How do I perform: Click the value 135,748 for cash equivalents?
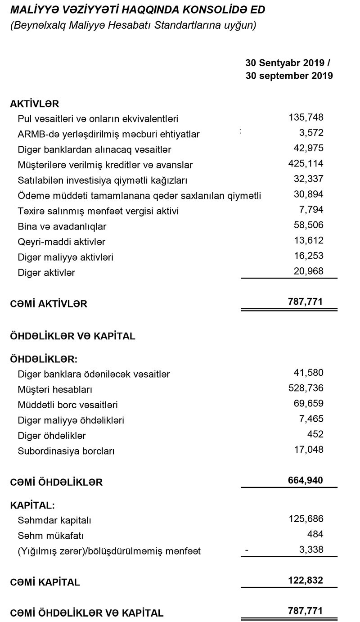[x=306, y=118]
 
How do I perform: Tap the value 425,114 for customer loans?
[x=306, y=164]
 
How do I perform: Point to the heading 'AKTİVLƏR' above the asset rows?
[x=35, y=104]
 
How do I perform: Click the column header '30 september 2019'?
[x=289, y=76]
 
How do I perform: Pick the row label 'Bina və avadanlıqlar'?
[x=62, y=226]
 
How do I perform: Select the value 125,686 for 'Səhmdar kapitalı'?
[x=306, y=519]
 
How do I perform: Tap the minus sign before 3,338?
[x=246, y=550]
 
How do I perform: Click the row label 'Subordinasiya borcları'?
[x=66, y=451]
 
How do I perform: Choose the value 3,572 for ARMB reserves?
[x=310, y=133]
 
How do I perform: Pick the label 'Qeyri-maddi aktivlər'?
[x=61, y=242]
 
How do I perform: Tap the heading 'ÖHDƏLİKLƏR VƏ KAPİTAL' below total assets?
[x=72, y=336]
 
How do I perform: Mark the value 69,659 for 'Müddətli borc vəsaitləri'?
[x=308, y=404]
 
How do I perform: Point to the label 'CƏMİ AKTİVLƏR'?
[x=49, y=304]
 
